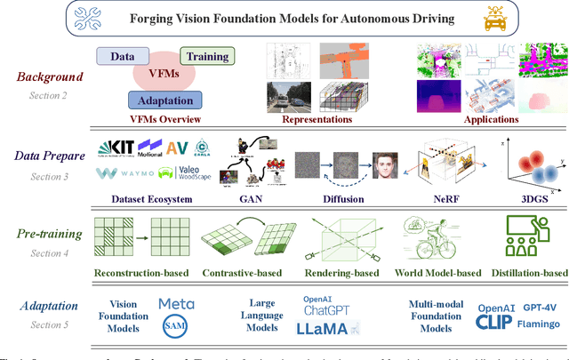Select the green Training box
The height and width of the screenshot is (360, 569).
(206, 56)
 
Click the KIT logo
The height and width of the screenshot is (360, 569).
(119, 145)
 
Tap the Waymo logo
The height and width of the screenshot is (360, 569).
(124, 173)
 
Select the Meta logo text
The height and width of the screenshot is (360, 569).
(176, 304)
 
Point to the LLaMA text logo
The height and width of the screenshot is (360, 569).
(328, 329)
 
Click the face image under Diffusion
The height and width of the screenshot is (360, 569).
(384, 164)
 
